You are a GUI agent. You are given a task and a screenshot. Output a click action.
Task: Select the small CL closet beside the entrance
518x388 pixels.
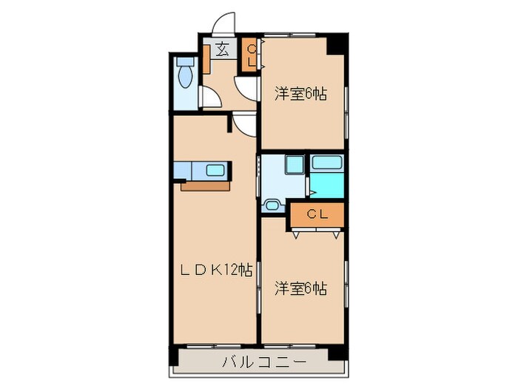pyautogui.click(x=251, y=55)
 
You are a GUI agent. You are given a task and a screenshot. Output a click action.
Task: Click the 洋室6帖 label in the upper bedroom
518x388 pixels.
pyautogui.click(x=301, y=94)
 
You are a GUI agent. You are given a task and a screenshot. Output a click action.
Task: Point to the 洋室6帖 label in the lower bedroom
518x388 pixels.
pyautogui.click(x=301, y=287)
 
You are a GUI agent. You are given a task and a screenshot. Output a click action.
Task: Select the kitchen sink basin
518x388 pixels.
pyautogui.click(x=216, y=171)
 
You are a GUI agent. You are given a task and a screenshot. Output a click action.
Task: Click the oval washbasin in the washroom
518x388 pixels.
pyautogui.click(x=272, y=205)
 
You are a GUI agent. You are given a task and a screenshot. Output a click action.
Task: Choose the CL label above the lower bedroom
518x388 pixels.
pyautogui.click(x=317, y=215)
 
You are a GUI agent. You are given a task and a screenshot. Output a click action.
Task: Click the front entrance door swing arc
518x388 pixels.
pyautogui.click(x=223, y=22)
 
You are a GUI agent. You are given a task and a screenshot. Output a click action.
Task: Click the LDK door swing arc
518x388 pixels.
pyautogui.click(x=245, y=124)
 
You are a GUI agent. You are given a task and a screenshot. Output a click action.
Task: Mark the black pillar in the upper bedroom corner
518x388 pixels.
pyautogui.click(x=337, y=44)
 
